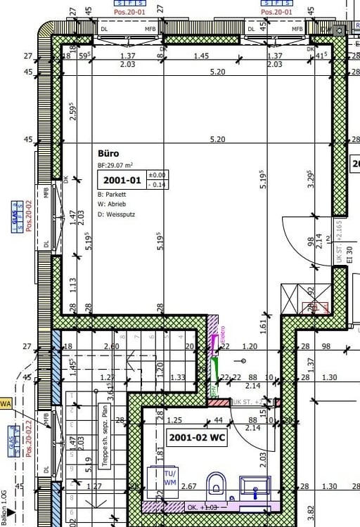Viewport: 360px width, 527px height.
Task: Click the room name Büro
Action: coord(108,152)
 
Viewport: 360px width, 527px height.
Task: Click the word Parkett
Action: coord(117,194)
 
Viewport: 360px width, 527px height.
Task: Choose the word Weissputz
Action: coord(120,214)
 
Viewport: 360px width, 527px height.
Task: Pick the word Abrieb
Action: coord(117,204)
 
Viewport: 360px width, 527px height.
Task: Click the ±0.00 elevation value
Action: coord(156,175)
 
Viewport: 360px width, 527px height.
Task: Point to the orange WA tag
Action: coord(6,403)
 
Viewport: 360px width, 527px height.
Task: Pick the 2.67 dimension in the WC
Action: coord(189,486)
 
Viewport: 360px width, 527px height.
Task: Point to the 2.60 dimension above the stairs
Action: coord(111,346)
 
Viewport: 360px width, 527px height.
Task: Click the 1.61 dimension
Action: coord(262,325)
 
